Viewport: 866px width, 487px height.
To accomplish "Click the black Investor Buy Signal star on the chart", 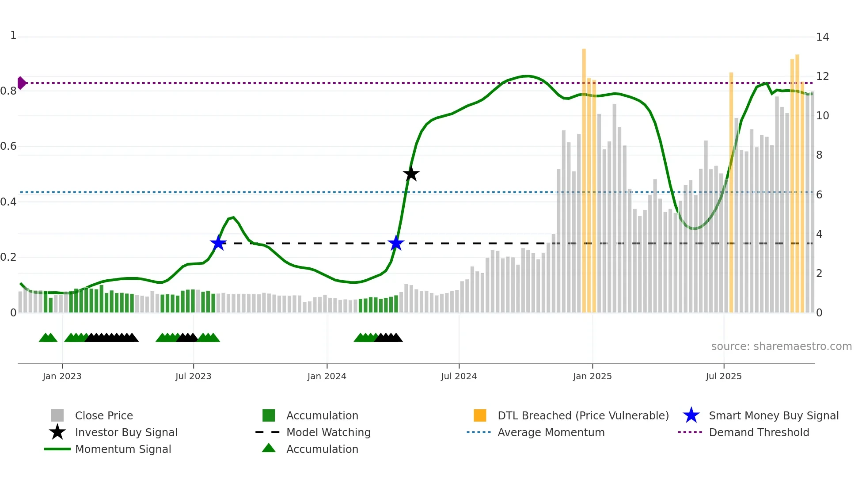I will point(411,174).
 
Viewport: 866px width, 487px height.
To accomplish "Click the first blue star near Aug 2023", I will point(218,243).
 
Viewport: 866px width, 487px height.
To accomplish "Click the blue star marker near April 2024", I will point(396,243).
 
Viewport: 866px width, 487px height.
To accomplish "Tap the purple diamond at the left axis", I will point(21,83).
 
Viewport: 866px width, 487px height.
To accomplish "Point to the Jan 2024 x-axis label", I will point(327,376).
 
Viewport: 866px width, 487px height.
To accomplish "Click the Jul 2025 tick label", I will point(723,376).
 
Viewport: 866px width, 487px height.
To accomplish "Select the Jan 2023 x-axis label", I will point(62,376).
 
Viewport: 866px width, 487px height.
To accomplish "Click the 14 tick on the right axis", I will point(822,37).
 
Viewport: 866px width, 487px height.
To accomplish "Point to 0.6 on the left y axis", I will point(9,146).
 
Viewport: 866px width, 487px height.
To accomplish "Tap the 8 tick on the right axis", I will point(819,155).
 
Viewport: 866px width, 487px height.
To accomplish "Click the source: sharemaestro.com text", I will point(781,346).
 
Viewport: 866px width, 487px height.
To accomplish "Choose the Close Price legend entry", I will point(104,415).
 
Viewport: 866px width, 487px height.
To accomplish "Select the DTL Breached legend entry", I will point(583,415).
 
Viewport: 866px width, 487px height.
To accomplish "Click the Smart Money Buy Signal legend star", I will point(691,415).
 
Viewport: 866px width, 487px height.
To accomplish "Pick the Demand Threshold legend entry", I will point(759,432).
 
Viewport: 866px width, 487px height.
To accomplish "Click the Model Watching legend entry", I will point(328,432).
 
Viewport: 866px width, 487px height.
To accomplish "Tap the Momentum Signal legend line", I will point(57,449).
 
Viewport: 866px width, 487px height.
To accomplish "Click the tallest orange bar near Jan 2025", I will point(584,177).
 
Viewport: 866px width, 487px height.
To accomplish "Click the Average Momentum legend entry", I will point(551,432).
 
